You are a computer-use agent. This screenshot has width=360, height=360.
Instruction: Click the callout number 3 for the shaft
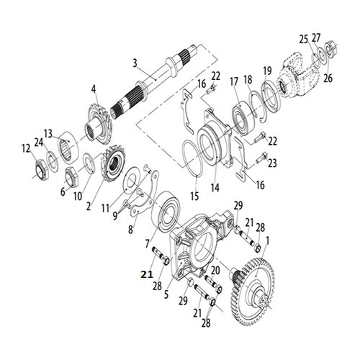pyautogui.click(x=135, y=63)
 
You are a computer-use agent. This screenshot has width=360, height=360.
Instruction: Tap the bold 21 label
pyautogui.click(x=147, y=274)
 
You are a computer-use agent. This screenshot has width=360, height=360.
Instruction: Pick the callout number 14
pyautogui.click(x=215, y=187)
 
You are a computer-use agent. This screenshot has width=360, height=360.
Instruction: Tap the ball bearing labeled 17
pyautogui.click(x=242, y=118)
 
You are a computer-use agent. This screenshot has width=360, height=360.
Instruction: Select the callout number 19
pyautogui.click(x=267, y=71)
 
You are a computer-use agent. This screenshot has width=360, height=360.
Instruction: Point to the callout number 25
pyautogui.click(x=304, y=40)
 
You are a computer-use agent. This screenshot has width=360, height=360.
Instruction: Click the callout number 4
pyautogui.click(x=93, y=89)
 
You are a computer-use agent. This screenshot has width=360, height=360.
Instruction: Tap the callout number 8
pyautogui.click(x=130, y=230)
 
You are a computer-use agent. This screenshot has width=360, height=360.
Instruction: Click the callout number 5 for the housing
pyautogui.click(x=166, y=294)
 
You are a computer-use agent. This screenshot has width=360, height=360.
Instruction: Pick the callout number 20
pyautogui.click(x=215, y=271)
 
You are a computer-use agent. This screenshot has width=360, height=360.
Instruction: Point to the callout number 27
pyautogui.click(x=316, y=38)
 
